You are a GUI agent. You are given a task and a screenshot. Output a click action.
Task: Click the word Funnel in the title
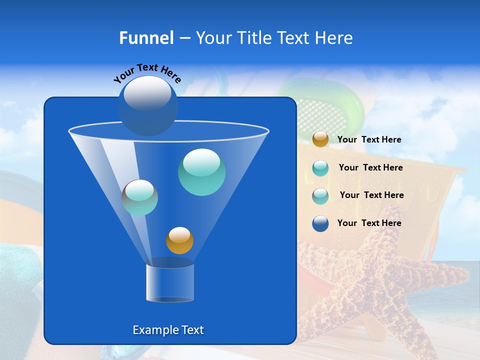[x=146, y=38]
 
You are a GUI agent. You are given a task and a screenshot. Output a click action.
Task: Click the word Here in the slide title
[x=334, y=38]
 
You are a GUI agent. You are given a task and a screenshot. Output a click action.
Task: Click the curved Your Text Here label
[x=147, y=73]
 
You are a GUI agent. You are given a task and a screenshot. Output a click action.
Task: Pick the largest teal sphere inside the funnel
[x=201, y=171]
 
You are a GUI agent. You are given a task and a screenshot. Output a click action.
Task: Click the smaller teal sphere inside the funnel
[x=139, y=197]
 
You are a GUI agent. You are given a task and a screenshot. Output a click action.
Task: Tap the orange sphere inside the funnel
[x=179, y=240]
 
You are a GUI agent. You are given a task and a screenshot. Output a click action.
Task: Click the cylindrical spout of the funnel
[x=169, y=282]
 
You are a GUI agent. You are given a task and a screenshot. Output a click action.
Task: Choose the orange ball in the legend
[x=320, y=139]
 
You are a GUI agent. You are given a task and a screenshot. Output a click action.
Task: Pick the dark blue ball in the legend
[x=320, y=223]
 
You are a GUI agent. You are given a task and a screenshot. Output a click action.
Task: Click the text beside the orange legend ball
[x=369, y=140]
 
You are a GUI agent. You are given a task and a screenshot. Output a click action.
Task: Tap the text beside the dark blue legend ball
[x=369, y=223]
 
